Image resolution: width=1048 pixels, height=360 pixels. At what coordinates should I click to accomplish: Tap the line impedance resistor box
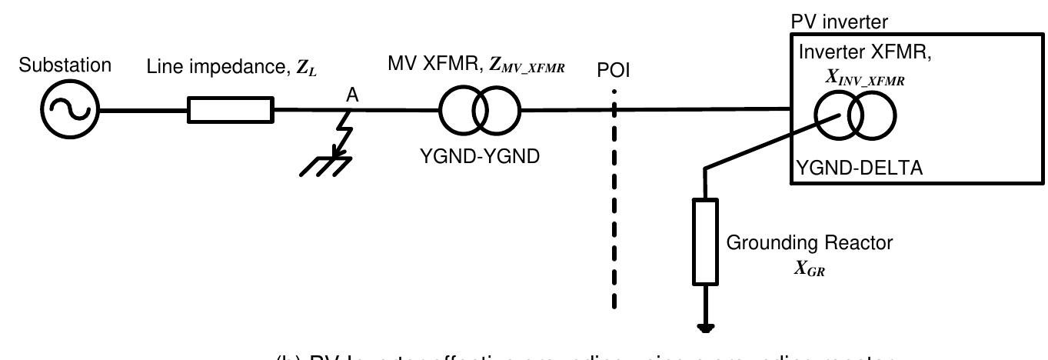tap(231, 110)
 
